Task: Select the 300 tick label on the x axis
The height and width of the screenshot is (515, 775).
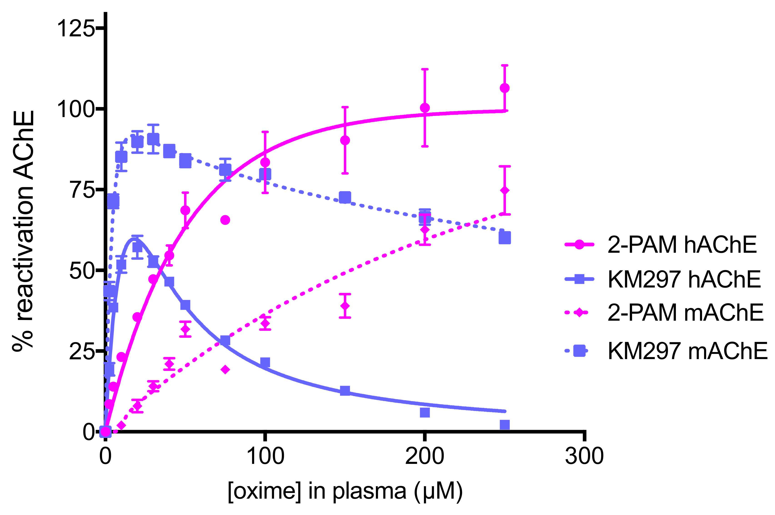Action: tap(584, 457)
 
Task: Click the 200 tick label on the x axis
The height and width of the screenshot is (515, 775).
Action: tap(425, 457)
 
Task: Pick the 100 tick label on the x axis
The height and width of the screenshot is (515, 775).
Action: tap(265, 457)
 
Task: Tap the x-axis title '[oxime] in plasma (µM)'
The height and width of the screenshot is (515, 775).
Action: tap(345, 492)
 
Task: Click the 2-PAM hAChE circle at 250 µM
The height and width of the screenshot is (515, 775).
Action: tap(504, 88)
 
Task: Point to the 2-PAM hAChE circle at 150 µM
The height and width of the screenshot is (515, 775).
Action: tap(345, 140)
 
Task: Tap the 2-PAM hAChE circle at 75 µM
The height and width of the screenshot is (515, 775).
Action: tap(225, 220)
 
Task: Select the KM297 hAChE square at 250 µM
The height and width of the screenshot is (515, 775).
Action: tap(504, 425)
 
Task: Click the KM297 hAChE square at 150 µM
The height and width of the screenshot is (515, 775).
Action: tap(345, 390)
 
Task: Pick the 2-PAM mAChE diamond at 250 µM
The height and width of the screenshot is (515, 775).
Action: tap(504, 190)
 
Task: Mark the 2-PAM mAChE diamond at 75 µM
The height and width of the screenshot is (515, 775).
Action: tap(225, 370)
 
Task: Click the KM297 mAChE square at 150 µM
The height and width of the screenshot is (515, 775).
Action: tap(345, 198)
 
